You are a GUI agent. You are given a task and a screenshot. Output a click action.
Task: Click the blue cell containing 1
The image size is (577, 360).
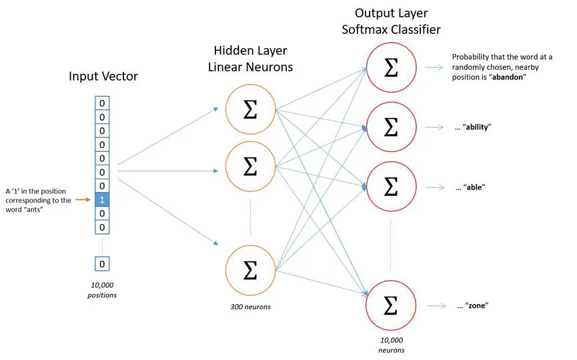pyautogui.click(x=102, y=199)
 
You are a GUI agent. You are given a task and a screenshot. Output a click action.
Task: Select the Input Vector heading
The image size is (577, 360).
pyautogui.click(x=103, y=76)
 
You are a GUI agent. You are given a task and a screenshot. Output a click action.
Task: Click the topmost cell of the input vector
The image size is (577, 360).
pyautogui.click(x=102, y=103)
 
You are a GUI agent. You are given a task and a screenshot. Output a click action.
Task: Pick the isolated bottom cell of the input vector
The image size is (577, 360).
pyautogui.click(x=102, y=264)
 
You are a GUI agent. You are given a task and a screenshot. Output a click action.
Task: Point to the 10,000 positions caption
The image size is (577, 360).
pyautogui.click(x=102, y=289)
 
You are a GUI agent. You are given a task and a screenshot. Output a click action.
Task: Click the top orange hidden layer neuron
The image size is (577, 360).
pyautogui.click(x=250, y=111)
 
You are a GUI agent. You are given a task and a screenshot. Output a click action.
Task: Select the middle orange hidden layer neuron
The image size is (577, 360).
pyautogui.click(x=250, y=167)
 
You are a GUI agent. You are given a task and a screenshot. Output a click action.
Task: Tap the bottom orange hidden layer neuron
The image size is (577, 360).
pyautogui.click(x=250, y=270)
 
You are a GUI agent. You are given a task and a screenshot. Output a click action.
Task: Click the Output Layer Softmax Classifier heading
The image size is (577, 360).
pyautogui.click(x=392, y=21)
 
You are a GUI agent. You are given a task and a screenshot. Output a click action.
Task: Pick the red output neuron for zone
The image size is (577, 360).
pyautogui.click(x=392, y=306)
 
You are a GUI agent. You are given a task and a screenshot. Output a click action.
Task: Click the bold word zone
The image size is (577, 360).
pyautogui.click(x=476, y=306)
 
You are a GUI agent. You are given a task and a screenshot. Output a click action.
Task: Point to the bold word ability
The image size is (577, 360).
pyautogui.click(x=478, y=127)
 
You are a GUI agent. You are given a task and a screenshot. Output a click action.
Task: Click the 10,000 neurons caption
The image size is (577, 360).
pyautogui.click(x=392, y=345)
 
